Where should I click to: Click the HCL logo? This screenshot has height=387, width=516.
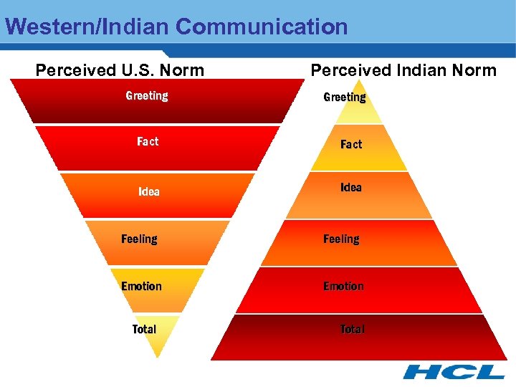click(x=453, y=372)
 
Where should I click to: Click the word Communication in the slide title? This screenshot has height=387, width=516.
click(x=262, y=27)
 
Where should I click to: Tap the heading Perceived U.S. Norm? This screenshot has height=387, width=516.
click(x=120, y=70)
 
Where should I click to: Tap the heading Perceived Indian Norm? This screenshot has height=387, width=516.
click(x=403, y=70)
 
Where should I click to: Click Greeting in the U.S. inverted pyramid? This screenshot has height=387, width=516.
click(x=147, y=96)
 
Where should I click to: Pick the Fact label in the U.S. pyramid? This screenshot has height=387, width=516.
click(x=148, y=142)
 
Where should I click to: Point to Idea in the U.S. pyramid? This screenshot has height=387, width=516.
click(x=149, y=192)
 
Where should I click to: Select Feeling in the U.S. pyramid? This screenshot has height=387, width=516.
click(x=139, y=239)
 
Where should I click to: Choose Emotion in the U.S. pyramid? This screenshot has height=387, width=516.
click(x=141, y=287)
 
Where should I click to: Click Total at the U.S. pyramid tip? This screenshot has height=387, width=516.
click(x=144, y=330)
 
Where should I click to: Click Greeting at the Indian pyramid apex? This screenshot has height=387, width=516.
click(x=345, y=97)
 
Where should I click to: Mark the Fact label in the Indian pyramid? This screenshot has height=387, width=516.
click(x=351, y=145)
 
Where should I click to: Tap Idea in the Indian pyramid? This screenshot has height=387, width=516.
click(x=351, y=188)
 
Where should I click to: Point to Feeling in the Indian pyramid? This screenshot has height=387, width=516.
click(x=341, y=239)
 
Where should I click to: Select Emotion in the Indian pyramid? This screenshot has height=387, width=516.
click(x=343, y=287)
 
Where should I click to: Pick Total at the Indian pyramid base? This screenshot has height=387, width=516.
click(x=352, y=330)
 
